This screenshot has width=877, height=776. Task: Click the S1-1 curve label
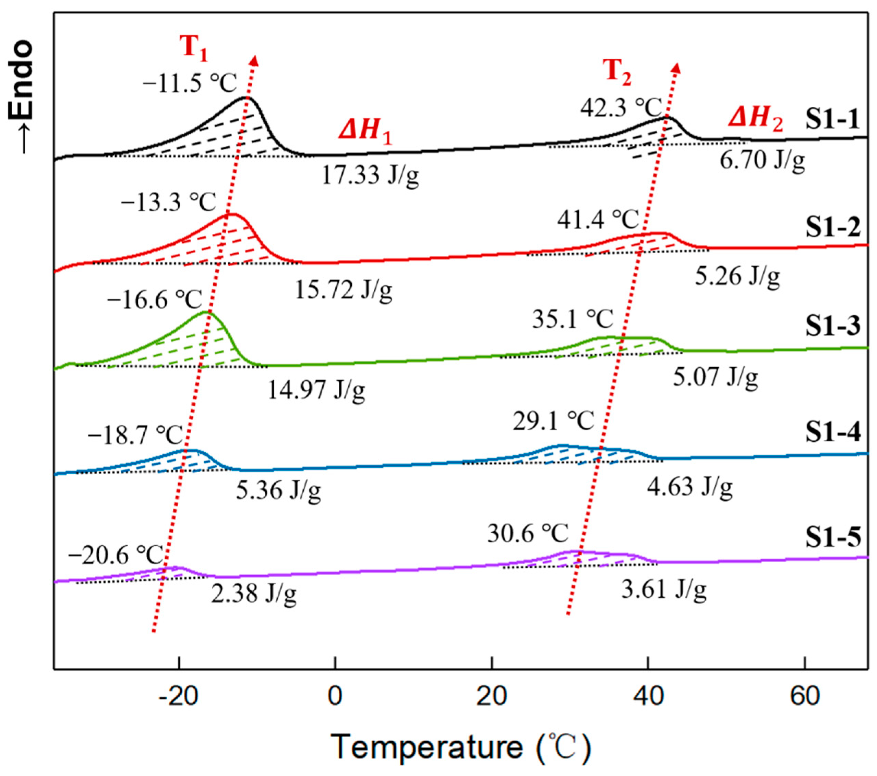coord(832,119)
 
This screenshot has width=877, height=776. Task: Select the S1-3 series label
coord(832,326)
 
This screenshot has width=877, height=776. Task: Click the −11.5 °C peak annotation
coord(190,82)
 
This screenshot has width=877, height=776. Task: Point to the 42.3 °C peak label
coord(622,107)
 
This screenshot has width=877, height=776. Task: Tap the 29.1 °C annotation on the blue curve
coord(553,420)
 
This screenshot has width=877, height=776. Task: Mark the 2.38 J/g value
coord(253,593)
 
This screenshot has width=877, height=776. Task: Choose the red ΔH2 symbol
coord(755,118)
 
